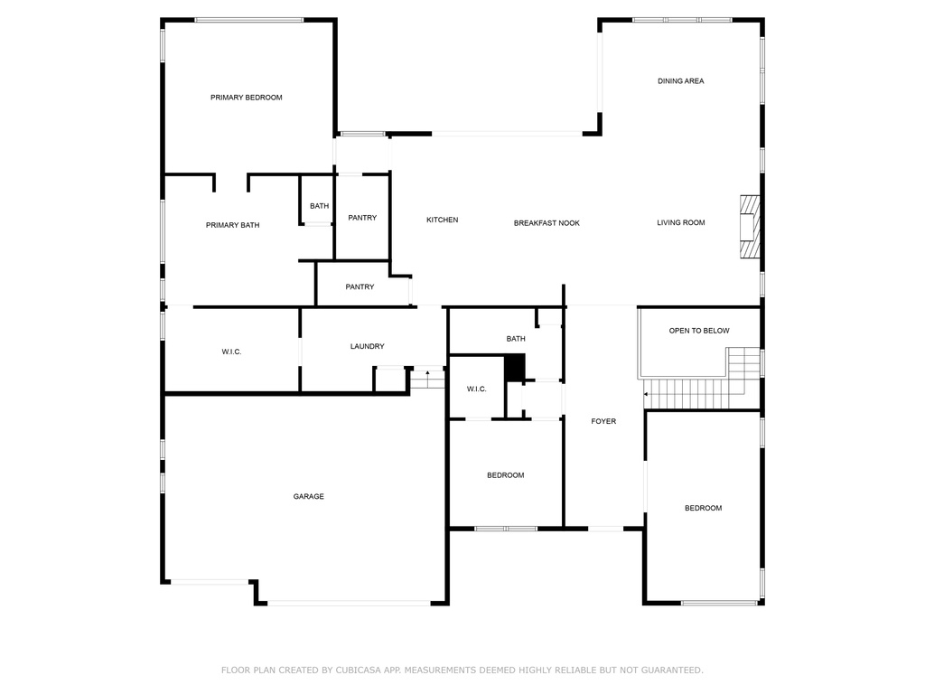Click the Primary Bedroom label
[x=247, y=98]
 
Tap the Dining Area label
[x=680, y=81]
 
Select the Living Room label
[x=680, y=222]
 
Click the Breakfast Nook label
[x=547, y=223]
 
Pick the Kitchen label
[x=443, y=220]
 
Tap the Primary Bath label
[x=232, y=225]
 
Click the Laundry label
[x=368, y=346]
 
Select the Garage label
[x=308, y=496]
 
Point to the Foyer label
[x=603, y=421]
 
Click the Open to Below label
[x=699, y=331]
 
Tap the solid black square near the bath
[x=514, y=367]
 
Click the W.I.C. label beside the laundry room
[x=231, y=352]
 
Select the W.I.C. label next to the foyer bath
[x=476, y=389]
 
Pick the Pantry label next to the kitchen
[x=362, y=218]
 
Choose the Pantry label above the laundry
[x=360, y=287]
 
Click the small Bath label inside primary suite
[x=320, y=206]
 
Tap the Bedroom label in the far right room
[x=703, y=508]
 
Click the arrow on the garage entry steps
[x=427, y=372]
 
